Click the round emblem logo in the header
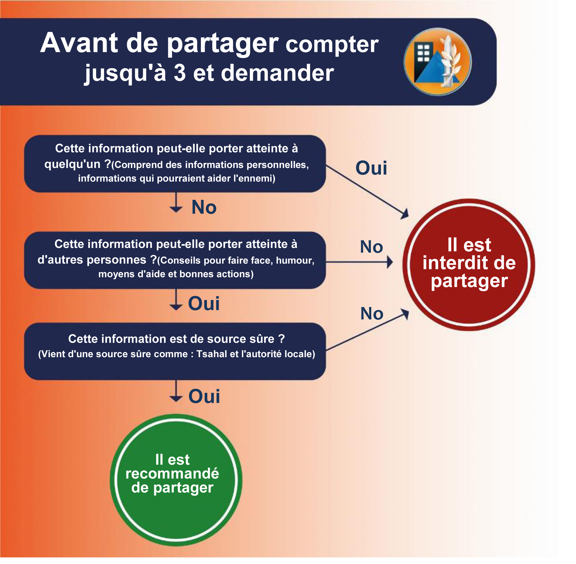(437, 62)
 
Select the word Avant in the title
(79, 43)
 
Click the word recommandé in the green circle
(172, 473)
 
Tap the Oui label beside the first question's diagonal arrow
(371, 168)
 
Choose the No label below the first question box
(204, 207)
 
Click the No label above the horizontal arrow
(371, 247)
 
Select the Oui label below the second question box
(204, 304)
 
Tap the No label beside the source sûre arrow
(371, 313)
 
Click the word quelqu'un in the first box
(72, 164)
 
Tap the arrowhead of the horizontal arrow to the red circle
(390, 262)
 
